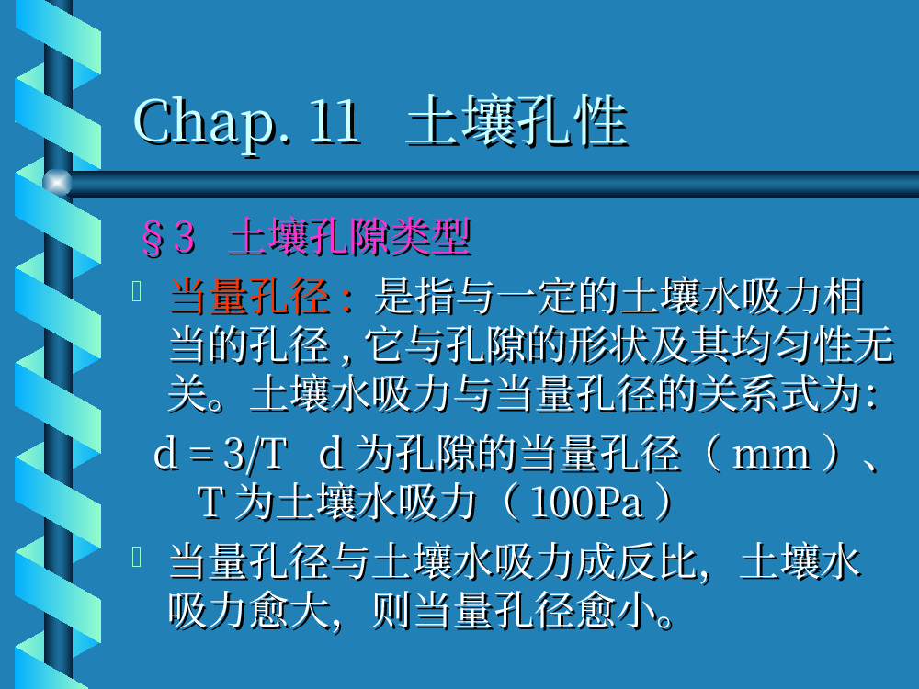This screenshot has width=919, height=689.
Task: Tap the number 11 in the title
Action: pyautogui.click(x=335, y=121)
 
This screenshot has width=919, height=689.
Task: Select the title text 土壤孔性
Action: pyautogui.click(x=516, y=121)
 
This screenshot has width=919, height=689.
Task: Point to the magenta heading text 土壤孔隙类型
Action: pyautogui.click(x=350, y=237)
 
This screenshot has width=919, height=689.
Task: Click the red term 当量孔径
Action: pyautogui.click(x=250, y=297)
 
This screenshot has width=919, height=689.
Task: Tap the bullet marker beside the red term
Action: pyautogui.click(x=137, y=291)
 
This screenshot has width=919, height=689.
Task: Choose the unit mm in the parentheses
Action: pyautogui.click(x=772, y=457)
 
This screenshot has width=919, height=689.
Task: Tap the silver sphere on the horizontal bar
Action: pyautogui.click(x=57, y=182)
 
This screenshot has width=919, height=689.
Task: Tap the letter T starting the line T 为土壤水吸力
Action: pyautogui.click(x=210, y=503)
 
